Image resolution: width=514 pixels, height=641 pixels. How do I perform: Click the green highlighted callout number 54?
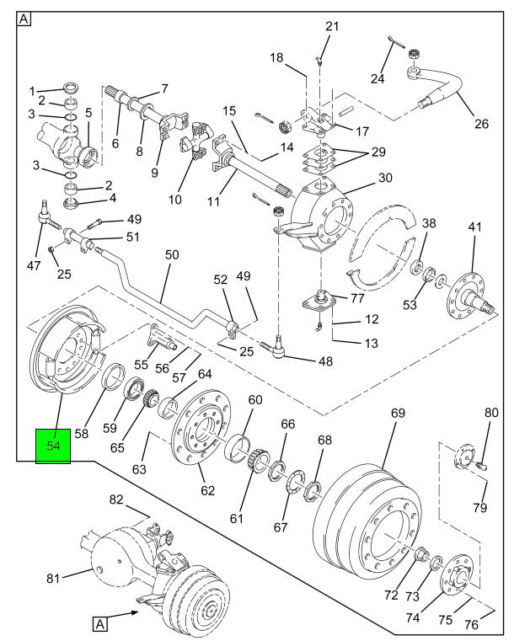click(52, 445)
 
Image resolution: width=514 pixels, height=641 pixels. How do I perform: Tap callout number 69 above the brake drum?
click(398, 414)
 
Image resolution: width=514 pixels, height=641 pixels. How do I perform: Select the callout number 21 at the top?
click(332, 27)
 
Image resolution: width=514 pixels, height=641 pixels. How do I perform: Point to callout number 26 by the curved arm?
click(481, 125)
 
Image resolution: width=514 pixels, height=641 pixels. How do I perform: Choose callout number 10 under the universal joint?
click(174, 200)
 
